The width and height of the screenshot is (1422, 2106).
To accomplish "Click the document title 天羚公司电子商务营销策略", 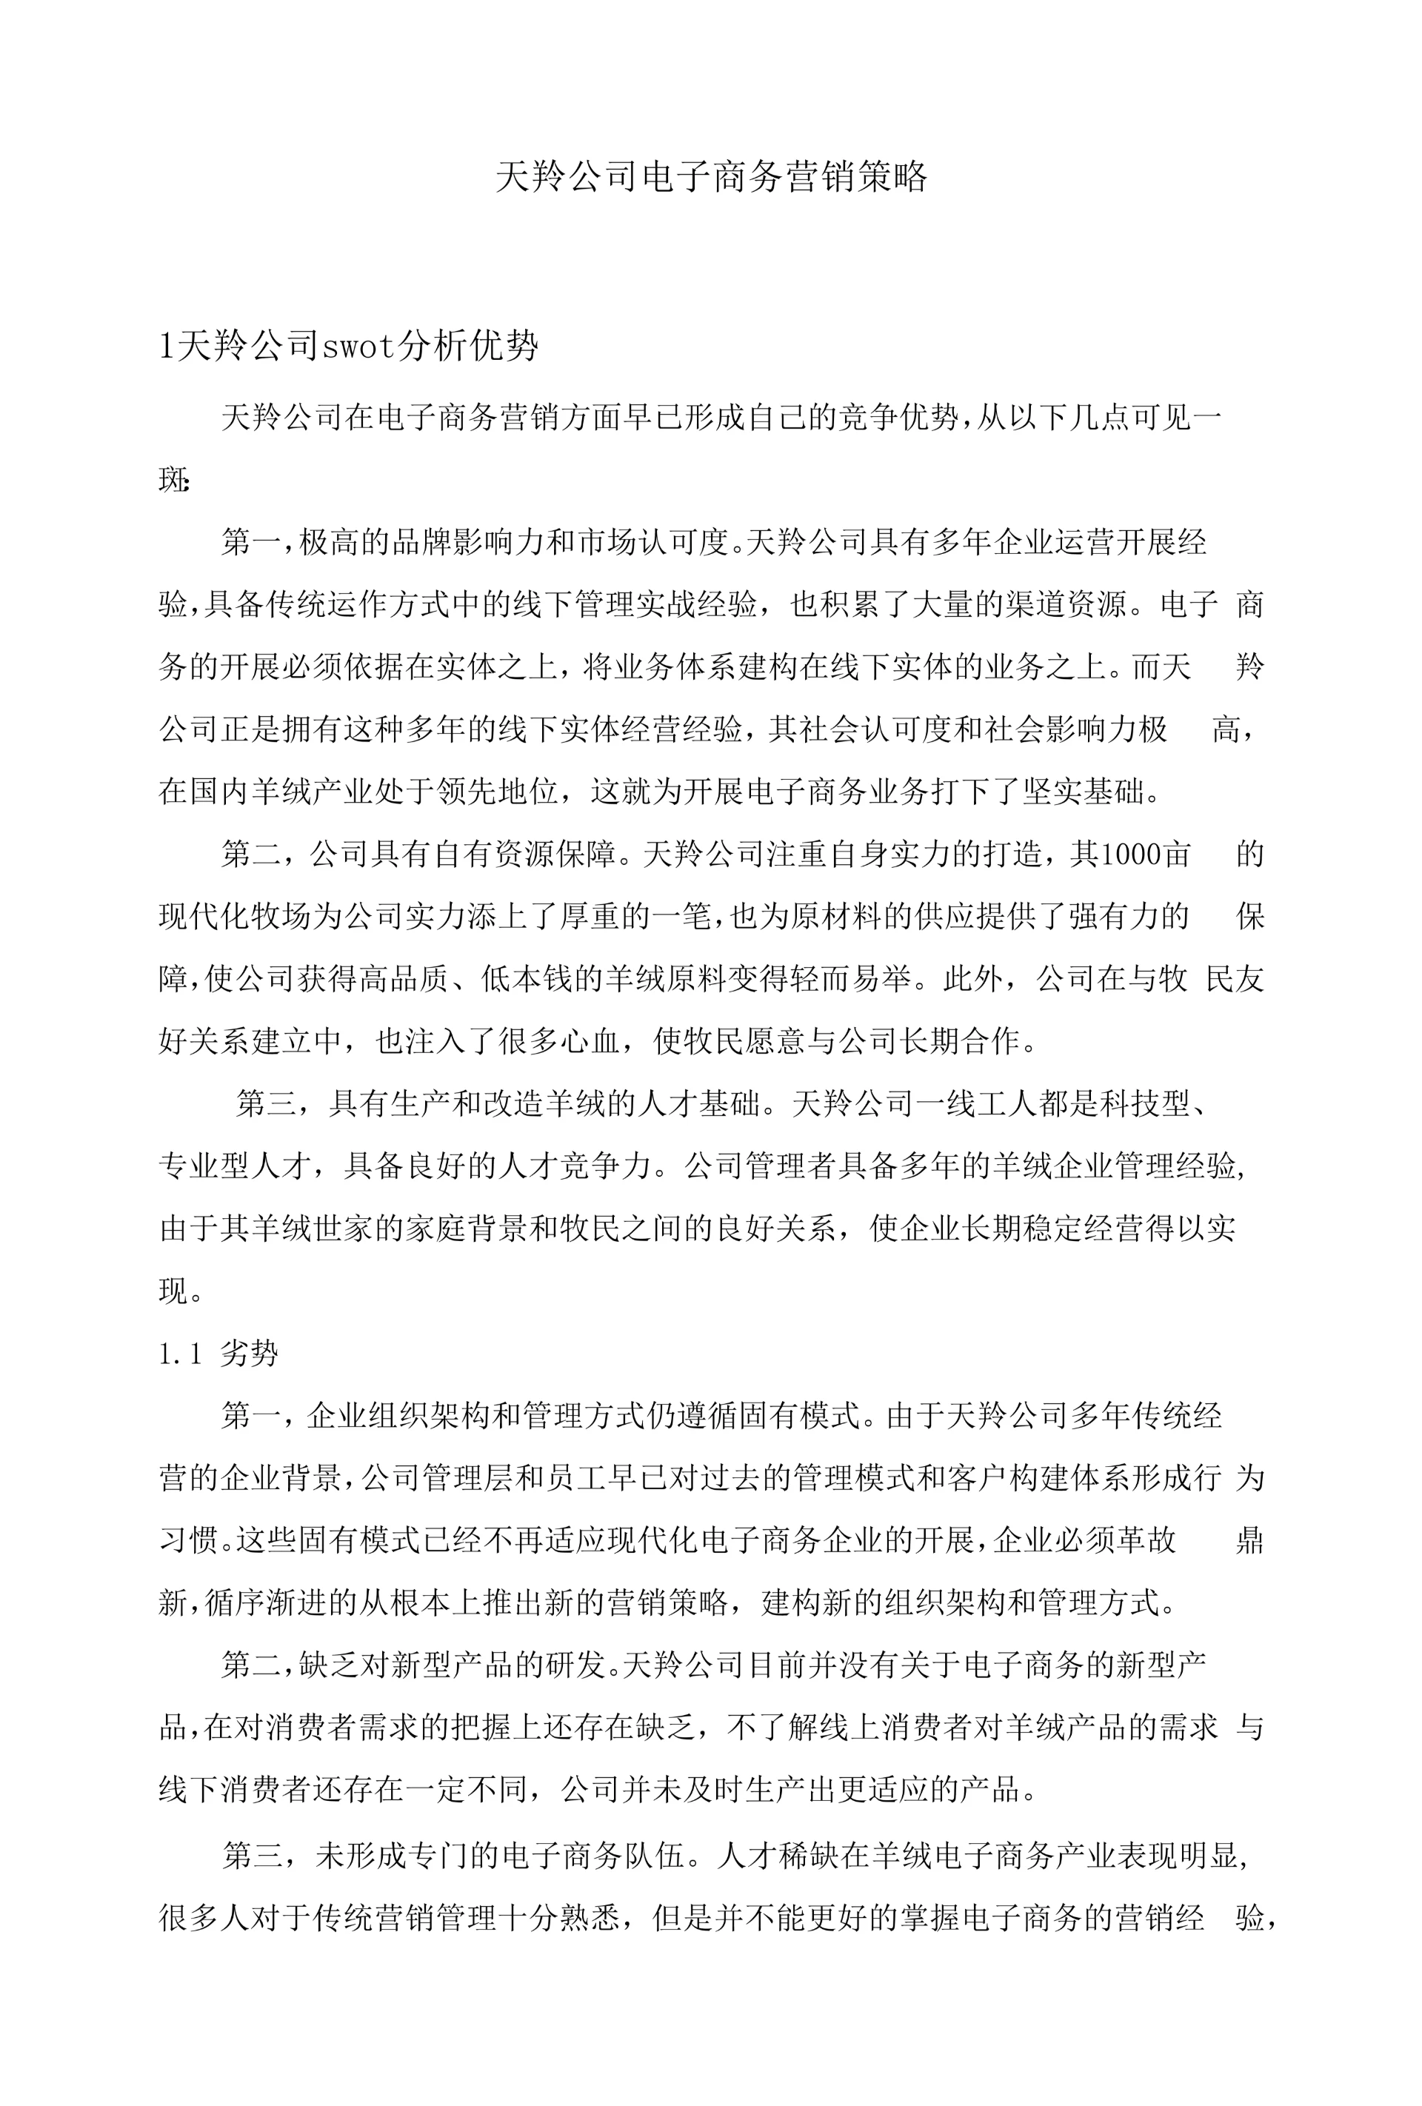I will click(712, 177).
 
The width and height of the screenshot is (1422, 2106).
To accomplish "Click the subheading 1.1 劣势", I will click(218, 1353).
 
